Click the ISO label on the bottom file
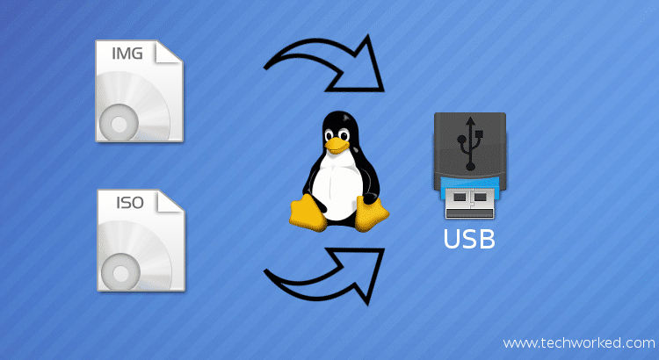point(129,205)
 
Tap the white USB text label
point(469,238)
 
